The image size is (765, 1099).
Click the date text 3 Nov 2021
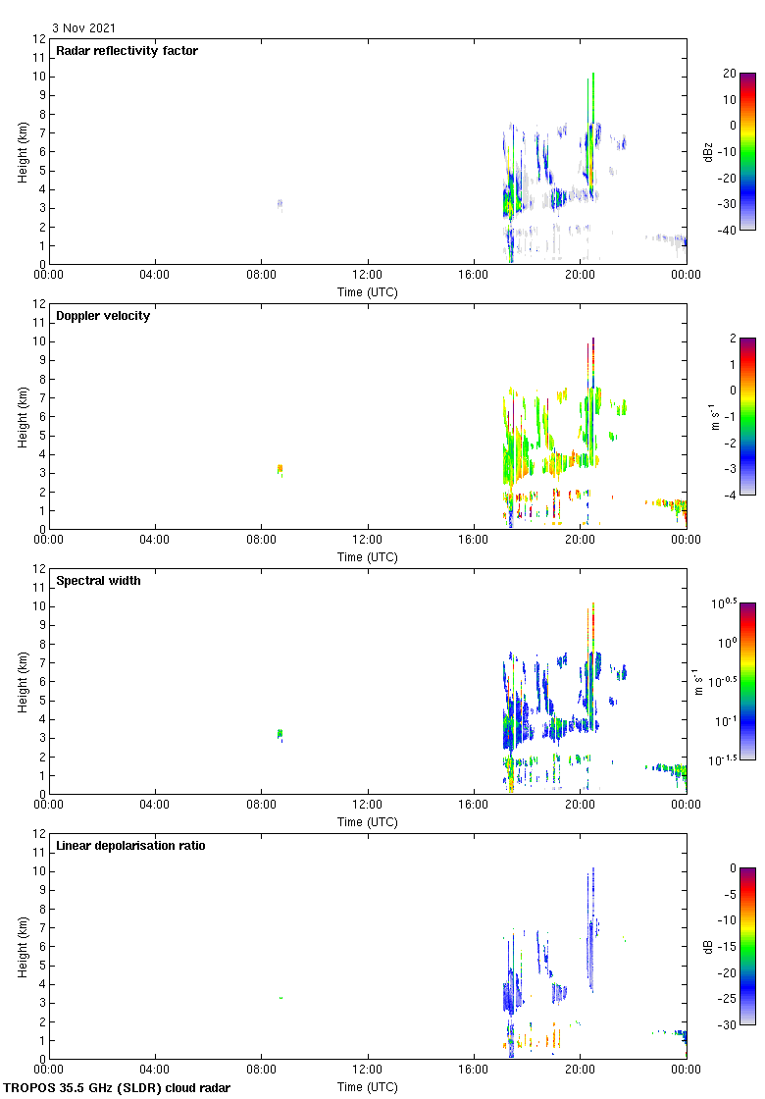[83, 28]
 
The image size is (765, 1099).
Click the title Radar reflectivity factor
[127, 51]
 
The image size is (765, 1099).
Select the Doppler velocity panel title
[103, 316]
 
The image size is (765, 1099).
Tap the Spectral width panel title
[98, 581]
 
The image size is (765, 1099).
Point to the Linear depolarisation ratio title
[130, 846]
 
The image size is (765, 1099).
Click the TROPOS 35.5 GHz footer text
[118, 1088]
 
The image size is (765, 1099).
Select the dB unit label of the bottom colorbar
[709, 946]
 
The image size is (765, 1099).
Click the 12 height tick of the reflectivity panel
[39, 39]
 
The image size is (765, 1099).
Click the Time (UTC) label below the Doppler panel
[368, 557]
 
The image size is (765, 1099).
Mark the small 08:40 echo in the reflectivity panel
[280, 204]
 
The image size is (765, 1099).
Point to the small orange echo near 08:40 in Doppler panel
[280, 469]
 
